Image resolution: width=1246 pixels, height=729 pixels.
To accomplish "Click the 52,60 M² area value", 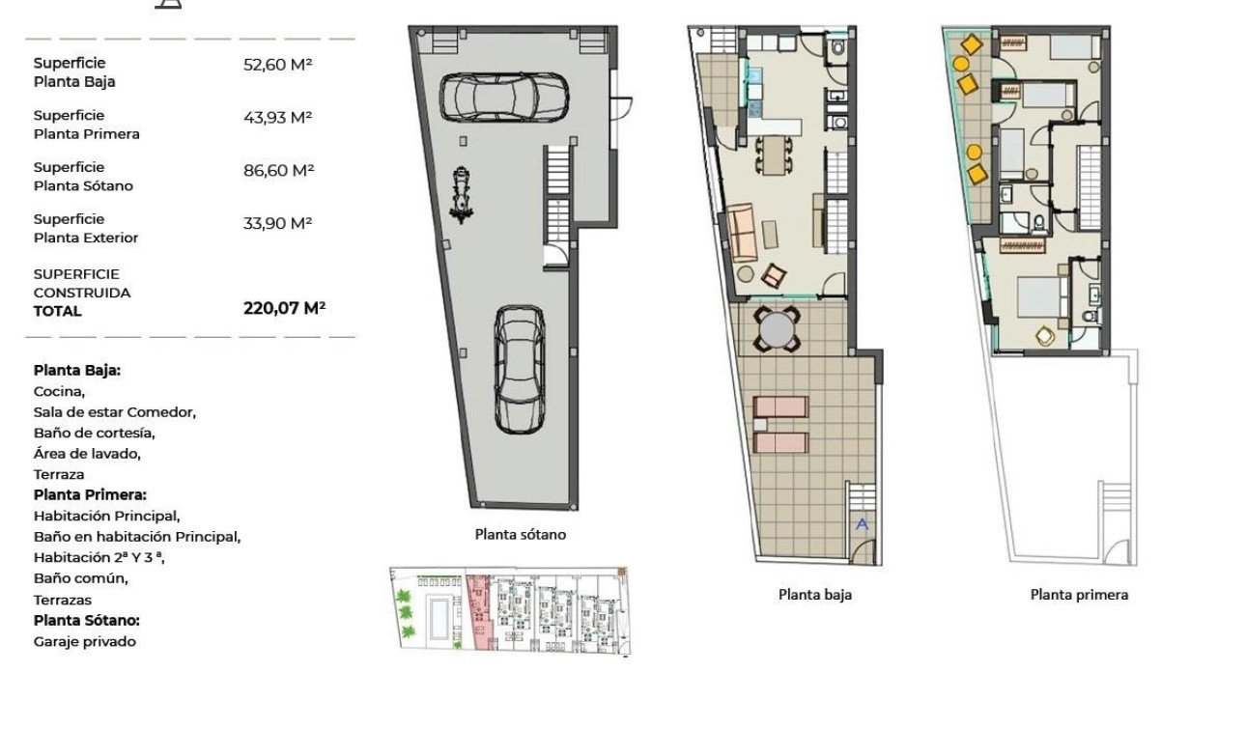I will coord(277,65).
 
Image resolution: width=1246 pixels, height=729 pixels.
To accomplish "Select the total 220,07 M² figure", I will coord(284,309).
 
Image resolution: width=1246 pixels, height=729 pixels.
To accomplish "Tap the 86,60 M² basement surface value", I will coord(278,171).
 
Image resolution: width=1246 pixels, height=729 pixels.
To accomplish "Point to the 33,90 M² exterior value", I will coord(277,223).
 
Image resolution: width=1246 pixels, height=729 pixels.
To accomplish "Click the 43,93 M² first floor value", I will coord(277,118).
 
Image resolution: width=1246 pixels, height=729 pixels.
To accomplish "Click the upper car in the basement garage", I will coord(502,97).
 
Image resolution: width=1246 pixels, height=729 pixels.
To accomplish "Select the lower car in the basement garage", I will coord(520,370).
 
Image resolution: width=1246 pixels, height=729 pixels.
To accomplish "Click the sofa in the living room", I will coord(742,233).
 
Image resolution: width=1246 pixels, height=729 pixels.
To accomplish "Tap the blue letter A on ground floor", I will coord(863,524).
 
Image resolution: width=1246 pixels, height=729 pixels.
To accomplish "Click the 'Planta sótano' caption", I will coord(520,534).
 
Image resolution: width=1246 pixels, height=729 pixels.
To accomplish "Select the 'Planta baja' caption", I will coord(814,595).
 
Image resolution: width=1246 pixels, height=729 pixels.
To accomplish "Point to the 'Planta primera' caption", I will coord(1078,595).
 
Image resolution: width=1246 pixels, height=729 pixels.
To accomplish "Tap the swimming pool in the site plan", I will coord(438,614).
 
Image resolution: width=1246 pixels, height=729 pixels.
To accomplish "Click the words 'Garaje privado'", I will coord(85,642).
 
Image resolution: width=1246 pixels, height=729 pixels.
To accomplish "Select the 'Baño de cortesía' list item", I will coord(94,433).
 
